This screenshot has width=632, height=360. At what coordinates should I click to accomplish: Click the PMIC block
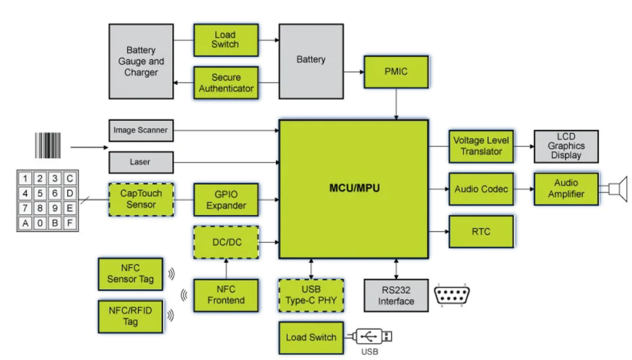point(396,71)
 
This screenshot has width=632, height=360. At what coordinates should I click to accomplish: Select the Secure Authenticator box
point(226,83)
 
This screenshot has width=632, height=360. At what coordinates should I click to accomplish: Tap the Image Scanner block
point(140,130)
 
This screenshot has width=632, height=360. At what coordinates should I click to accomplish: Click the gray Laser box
point(140,162)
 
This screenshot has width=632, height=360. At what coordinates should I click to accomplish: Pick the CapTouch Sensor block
point(141,199)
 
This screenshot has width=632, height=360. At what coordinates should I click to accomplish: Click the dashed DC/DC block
point(226,242)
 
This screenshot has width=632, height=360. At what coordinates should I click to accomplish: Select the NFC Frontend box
point(226,294)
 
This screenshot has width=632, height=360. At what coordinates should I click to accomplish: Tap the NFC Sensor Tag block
point(131,273)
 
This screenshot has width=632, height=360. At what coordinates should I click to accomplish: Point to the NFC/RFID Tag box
point(131,316)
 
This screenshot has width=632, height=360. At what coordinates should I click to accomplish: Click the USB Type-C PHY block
point(311,295)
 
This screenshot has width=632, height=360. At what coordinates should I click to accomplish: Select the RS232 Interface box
point(397,295)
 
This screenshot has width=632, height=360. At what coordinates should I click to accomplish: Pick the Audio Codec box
point(481,189)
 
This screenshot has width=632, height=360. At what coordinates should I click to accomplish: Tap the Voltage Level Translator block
point(481,146)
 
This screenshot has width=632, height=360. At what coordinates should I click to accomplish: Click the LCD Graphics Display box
point(566,146)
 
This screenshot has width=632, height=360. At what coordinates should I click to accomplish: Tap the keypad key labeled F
point(70,222)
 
